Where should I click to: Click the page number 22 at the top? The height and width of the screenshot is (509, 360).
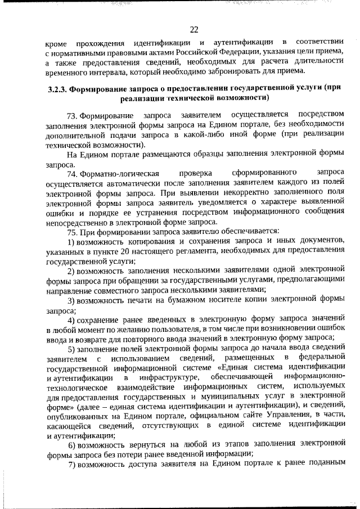pyautogui.click(x=195, y=30)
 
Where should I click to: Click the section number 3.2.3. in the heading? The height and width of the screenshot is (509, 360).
pyautogui.click(x=57, y=88)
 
